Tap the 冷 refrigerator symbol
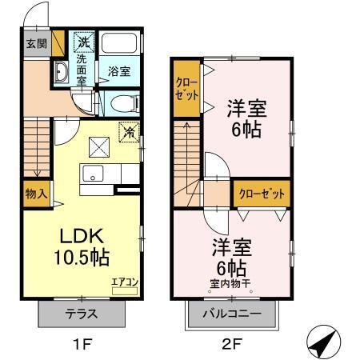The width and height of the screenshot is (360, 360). pyautogui.click(x=127, y=132)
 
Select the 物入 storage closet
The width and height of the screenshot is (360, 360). pyautogui.click(x=35, y=193)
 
